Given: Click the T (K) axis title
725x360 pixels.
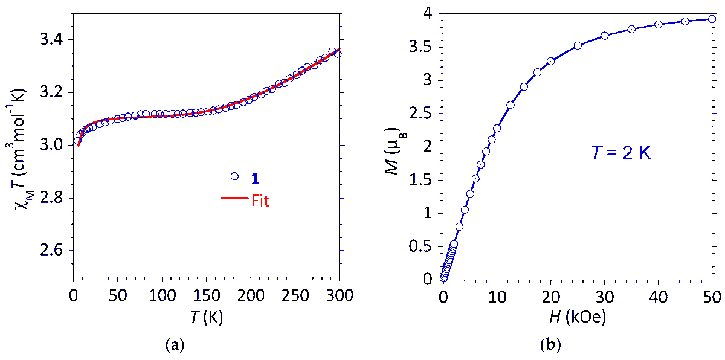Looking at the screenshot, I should pos(206,317).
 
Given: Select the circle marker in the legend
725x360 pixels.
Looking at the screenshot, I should pos(235,176).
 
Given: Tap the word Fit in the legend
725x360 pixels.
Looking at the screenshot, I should pos(260,201).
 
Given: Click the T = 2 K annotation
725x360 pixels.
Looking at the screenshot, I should pos(620,153).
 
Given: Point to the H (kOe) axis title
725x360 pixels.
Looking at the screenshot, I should pos(577,317).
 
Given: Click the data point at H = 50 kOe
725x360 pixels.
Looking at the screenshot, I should pos(712,19).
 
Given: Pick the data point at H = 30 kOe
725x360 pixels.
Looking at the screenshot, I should pos(604,36).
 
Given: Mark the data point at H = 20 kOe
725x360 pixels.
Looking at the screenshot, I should pos(550,61).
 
